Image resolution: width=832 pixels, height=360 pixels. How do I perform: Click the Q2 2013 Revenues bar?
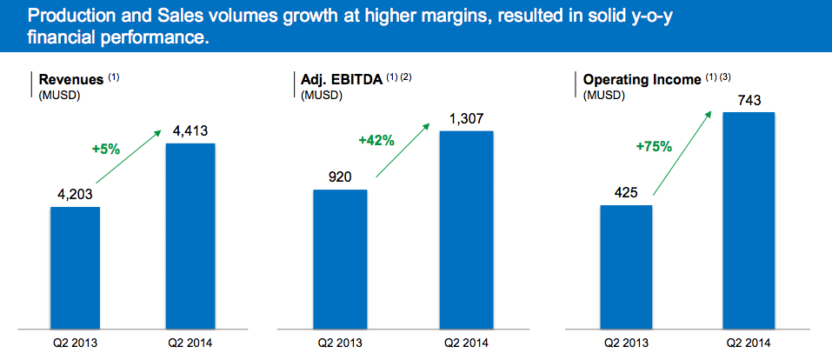click(x=75, y=269)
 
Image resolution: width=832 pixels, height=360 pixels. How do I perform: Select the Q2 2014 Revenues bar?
click(x=190, y=237)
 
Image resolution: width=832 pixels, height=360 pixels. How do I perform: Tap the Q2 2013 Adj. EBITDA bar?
click(x=339, y=260)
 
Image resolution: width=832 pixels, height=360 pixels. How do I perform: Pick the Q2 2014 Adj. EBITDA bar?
click(x=466, y=230)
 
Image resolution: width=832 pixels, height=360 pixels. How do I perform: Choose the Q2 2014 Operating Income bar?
click(x=749, y=221)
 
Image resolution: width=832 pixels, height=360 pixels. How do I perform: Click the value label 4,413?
click(x=190, y=131)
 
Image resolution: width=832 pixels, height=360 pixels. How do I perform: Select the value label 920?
click(x=339, y=178)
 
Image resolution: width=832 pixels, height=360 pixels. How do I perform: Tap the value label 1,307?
click(x=466, y=119)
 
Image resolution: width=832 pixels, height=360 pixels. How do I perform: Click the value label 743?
click(x=749, y=101)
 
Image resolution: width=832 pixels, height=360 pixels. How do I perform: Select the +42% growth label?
click(x=376, y=139)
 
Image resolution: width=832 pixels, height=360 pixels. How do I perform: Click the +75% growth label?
click(x=654, y=146)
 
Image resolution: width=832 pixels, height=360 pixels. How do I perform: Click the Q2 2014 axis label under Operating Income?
click(x=749, y=344)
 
